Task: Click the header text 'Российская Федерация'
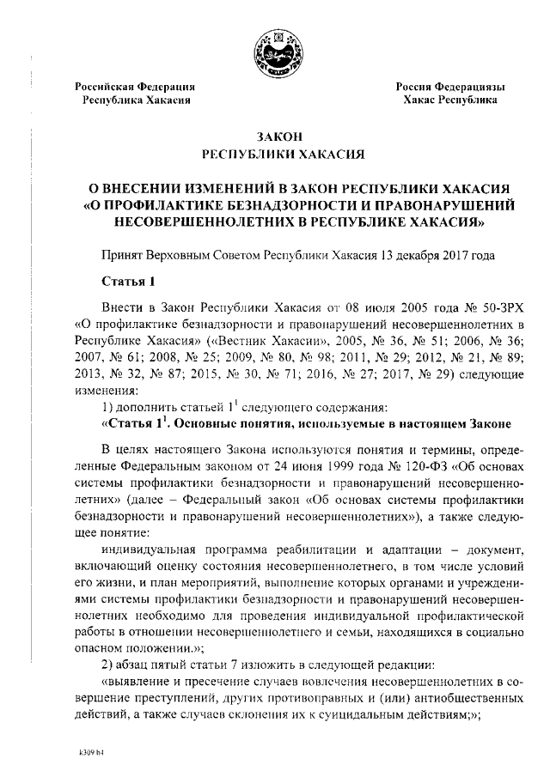136,88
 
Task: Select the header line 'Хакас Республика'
450,100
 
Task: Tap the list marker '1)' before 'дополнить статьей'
107,406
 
